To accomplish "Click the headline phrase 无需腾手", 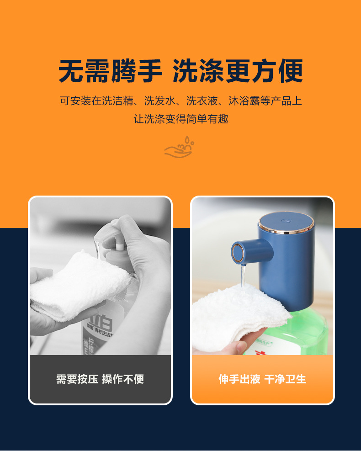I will (111, 72).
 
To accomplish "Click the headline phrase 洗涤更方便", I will (238, 72).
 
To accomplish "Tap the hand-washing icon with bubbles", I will (179, 148).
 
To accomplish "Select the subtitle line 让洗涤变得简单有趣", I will (180, 119).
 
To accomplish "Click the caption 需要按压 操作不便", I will (100, 379).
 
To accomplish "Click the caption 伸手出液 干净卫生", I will (262, 379).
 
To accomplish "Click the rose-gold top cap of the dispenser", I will (286, 221).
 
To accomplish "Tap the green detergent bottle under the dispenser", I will (311, 331).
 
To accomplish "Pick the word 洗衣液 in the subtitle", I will (201, 101).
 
